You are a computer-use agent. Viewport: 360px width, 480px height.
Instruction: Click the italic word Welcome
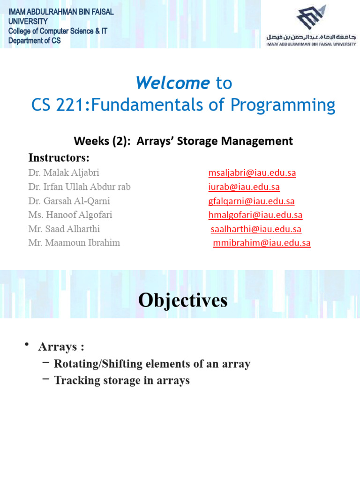point(172,83)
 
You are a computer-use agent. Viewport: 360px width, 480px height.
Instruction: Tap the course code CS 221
point(60,105)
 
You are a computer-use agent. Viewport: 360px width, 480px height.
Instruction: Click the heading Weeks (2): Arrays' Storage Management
point(183,141)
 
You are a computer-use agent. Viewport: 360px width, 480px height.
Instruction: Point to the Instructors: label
point(59,157)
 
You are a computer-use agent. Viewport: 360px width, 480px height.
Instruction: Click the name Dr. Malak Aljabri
point(64,172)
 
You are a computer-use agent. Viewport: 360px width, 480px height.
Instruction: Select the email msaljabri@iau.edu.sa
point(252,172)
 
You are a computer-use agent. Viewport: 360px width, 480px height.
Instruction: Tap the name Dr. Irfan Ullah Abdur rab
point(79,187)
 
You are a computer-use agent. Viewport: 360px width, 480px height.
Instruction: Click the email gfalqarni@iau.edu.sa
point(251,201)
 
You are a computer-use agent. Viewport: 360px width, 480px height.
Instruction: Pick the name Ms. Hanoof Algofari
point(70,215)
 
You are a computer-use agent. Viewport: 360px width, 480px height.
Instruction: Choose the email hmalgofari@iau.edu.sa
point(255,215)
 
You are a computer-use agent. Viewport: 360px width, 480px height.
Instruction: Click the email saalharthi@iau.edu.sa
point(256,229)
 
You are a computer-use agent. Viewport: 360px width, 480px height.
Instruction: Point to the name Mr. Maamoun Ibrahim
point(74,243)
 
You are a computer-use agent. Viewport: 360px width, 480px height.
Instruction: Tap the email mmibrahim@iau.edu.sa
point(262,243)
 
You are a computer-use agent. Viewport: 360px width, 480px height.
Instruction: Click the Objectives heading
point(183,300)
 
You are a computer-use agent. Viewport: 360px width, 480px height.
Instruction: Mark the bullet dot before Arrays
point(29,345)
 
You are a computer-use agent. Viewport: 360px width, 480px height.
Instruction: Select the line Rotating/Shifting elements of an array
point(152,364)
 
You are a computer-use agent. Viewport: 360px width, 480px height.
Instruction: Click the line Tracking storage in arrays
point(122,380)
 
